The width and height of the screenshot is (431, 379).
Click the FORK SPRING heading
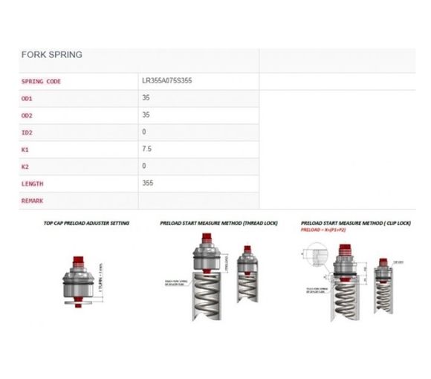point(52,55)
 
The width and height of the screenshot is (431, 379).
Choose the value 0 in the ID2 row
point(144,132)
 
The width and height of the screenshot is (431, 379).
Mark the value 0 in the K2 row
point(144,166)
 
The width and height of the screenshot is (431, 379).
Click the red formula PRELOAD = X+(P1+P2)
point(325,230)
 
